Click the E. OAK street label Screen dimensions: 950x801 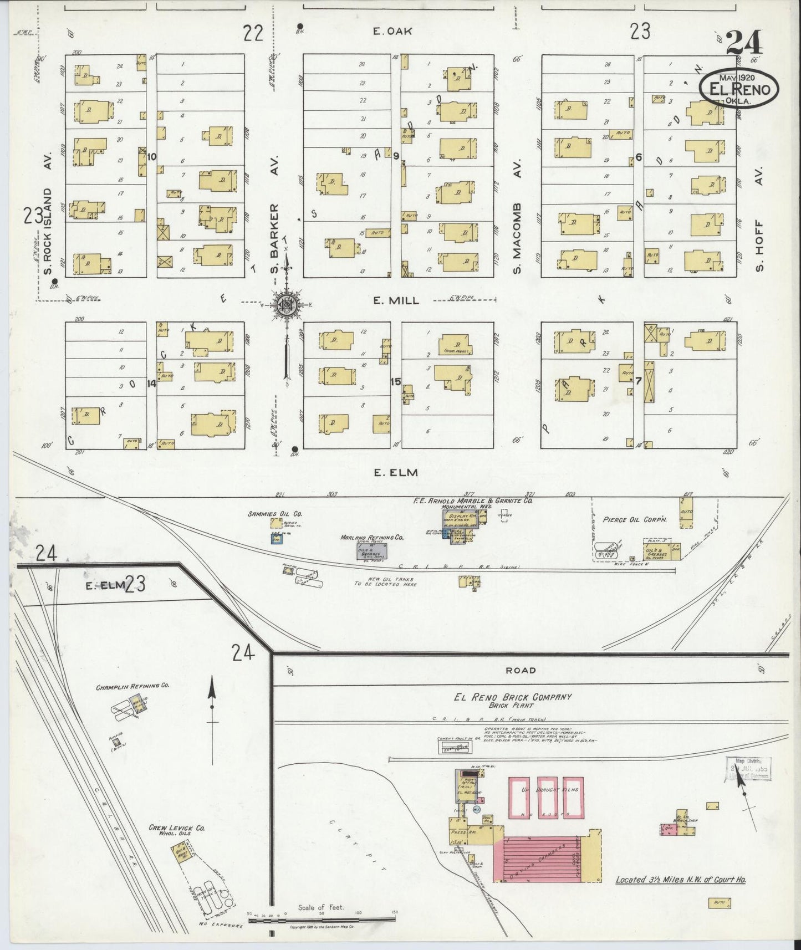[392, 32]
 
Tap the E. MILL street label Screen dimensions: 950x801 [395, 300]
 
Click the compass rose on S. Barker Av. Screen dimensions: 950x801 [287, 304]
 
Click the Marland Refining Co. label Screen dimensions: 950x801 [371, 537]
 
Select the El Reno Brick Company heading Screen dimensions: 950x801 [512, 697]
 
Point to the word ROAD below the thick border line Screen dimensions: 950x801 [521, 670]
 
